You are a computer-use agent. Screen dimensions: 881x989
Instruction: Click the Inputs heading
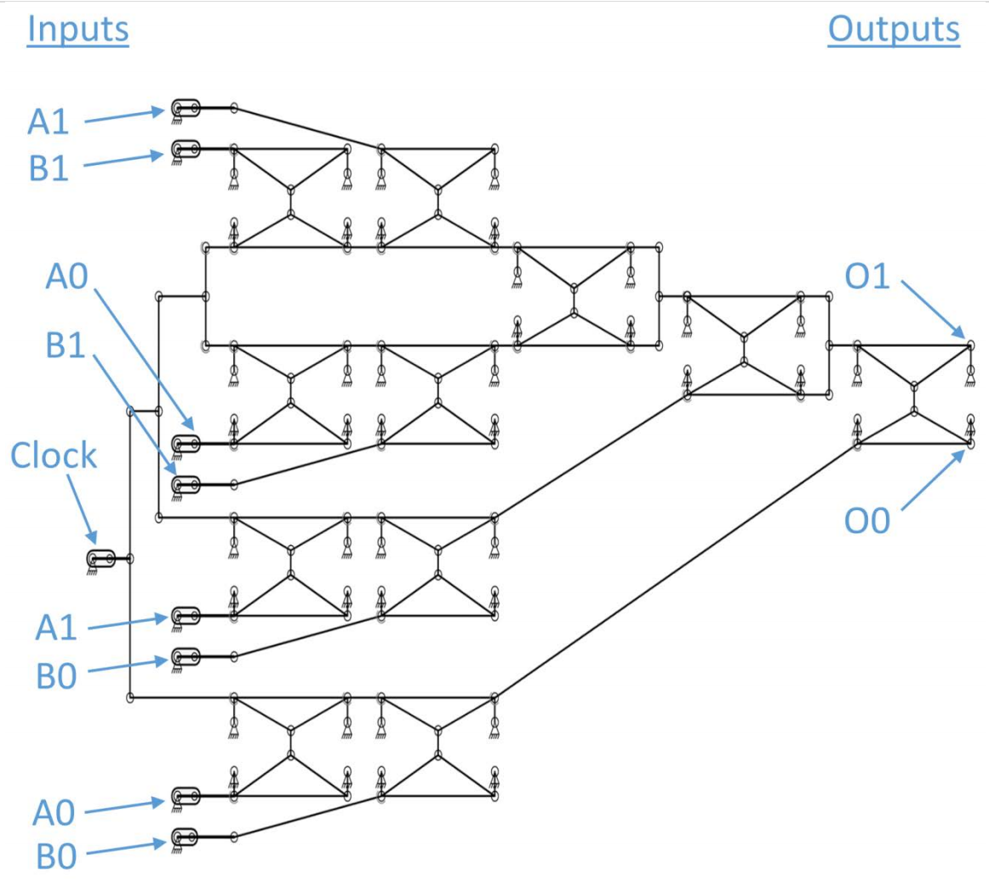coord(77,30)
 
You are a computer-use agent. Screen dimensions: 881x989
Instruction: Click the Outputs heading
coord(894,30)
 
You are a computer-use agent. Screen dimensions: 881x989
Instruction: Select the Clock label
coord(53,457)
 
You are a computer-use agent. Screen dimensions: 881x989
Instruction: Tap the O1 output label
coord(867,276)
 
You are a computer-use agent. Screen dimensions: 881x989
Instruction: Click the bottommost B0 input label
coord(56,855)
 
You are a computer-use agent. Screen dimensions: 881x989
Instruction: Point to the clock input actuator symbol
coord(100,559)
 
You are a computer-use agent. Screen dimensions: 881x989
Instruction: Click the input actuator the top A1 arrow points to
coord(185,109)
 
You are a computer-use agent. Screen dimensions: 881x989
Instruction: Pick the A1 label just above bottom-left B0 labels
coord(56,628)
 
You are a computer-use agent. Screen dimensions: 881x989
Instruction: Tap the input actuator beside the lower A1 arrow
coord(185,614)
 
